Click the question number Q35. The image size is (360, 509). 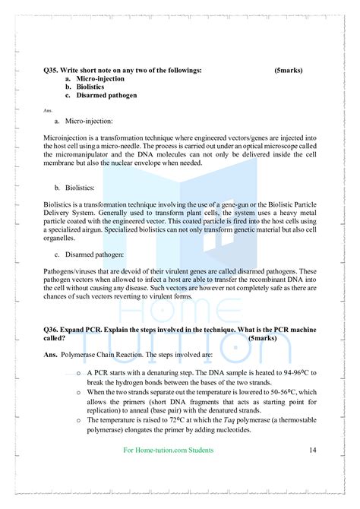[52, 70]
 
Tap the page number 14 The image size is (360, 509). [312, 451]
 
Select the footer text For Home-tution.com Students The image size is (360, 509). [168, 451]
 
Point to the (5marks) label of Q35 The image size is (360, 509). [288, 70]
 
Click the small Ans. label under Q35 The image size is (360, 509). [48, 110]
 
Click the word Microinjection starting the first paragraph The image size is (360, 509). [65, 138]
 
